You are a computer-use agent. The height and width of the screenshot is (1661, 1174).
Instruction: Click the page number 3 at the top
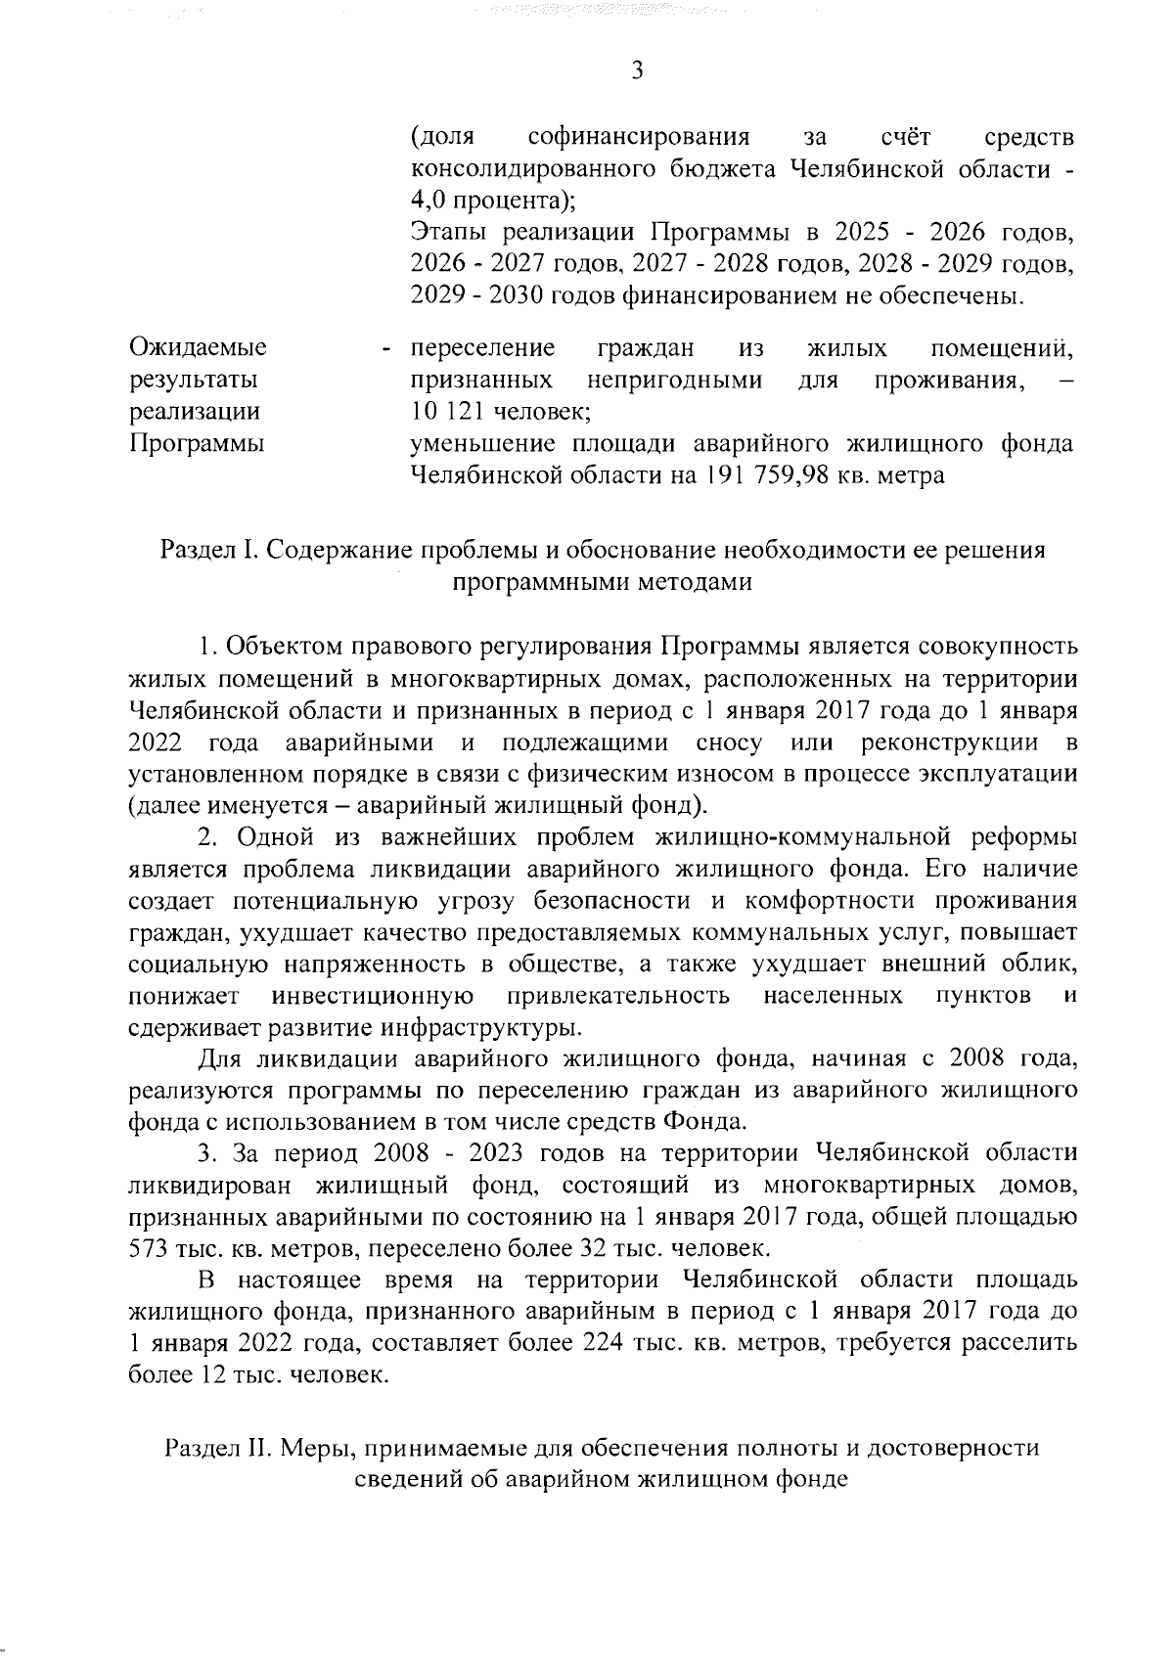pyautogui.click(x=637, y=69)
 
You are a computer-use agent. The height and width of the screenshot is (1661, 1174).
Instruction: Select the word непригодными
pyautogui.click(x=675, y=380)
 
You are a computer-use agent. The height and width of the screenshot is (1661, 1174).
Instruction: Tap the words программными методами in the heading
pyautogui.click(x=602, y=583)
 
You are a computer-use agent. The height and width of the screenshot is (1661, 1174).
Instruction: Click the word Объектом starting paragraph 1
pyautogui.click(x=284, y=647)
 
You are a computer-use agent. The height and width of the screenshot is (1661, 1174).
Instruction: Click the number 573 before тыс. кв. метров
pyautogui.click(x=149, y=1249)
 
